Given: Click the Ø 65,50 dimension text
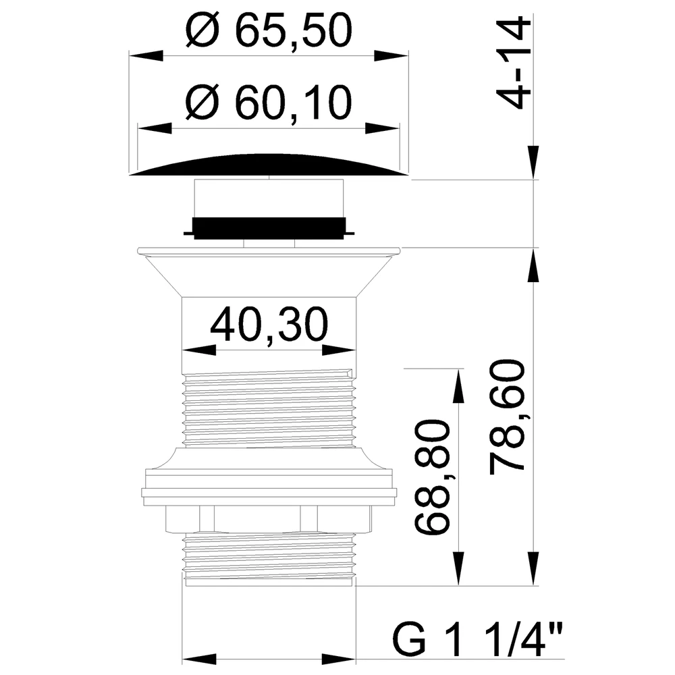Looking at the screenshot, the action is pos(269,31).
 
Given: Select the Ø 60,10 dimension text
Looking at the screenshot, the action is pos(269,103).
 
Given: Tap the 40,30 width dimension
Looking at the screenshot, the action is pos(269,324).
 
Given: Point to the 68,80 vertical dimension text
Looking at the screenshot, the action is pos(432,478).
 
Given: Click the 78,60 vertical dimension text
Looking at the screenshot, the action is pos(508,416).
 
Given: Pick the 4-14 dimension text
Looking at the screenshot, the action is pos(513,63).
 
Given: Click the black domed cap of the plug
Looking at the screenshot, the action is pos(269,165).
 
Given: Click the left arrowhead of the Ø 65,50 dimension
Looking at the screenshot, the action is pos(146,56).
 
